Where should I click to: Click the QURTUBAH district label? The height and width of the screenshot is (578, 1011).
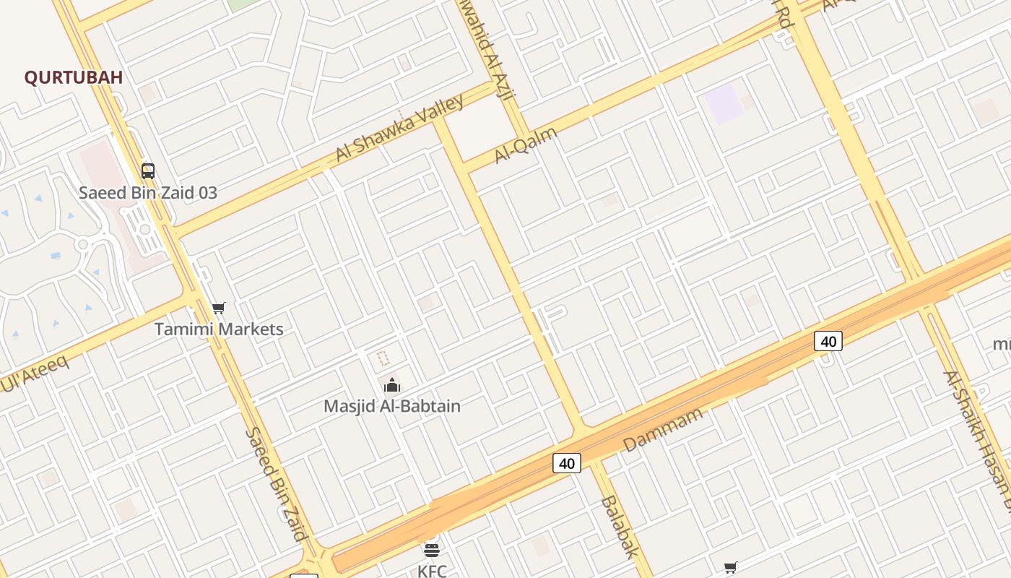click(x=74, y=77)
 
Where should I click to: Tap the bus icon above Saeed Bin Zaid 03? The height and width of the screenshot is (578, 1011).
click(x=148, y=171)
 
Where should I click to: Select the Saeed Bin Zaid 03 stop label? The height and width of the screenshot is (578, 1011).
click(x=148, y=193)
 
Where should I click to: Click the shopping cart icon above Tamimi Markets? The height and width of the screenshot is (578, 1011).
click(x=219, y=309)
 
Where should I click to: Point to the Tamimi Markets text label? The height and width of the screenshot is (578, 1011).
click(x=219, y=329)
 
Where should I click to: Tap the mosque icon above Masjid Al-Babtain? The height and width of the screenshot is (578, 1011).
click(x=392, y=385)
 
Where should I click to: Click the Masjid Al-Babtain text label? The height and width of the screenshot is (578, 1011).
click(x=392, y=406)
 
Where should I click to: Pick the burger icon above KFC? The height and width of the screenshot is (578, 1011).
click(x=432, y=551)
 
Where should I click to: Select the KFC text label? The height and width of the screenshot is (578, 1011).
click(x=432, y=571)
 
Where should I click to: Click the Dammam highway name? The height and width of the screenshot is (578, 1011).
click(x=663, y=430)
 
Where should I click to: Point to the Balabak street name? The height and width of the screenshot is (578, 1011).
click(x=620, y=527)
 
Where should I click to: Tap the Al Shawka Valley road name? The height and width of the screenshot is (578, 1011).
click(x=399, y=129)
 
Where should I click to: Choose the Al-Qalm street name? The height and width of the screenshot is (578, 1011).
click(x=526, y=145)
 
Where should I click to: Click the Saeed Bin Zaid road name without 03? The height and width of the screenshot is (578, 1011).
click(x=277, y=483)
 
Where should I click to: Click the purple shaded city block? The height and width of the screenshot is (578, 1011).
click(x=724, y=103)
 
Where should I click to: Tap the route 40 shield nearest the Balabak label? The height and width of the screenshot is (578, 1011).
click(x=567, y=463)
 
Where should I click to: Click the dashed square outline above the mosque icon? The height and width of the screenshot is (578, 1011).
click(x=383, y=358)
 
